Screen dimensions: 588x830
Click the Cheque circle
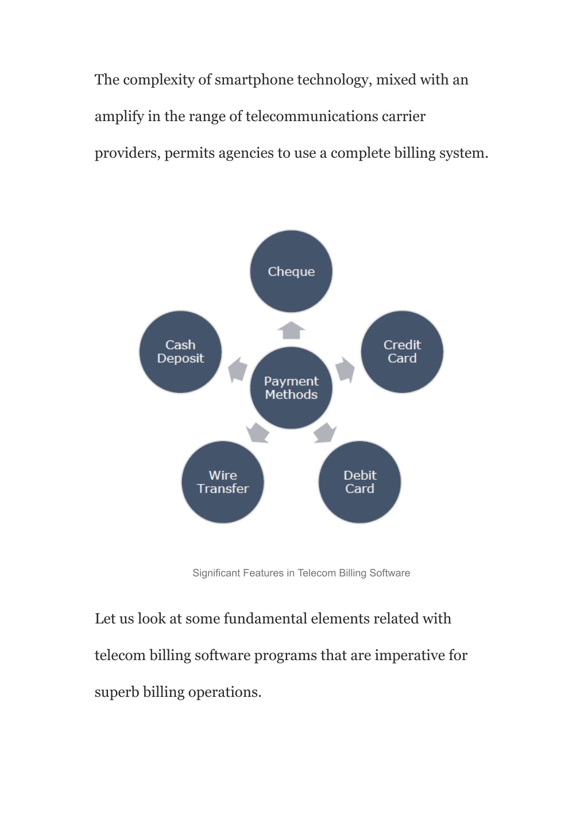(291, 272)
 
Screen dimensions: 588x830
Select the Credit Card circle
(402, 352)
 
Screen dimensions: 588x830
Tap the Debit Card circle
(359, 482)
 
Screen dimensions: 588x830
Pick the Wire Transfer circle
(223, 482)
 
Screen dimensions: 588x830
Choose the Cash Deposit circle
(180, 352)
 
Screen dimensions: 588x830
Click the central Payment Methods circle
(291, 387)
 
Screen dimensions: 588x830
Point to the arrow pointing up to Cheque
(291, 330)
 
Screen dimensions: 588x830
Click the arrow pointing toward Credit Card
(345, 370)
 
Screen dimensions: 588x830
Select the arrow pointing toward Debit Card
(325, 433)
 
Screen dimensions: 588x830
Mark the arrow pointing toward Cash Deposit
(237, 370)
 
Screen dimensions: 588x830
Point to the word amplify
(119, 117)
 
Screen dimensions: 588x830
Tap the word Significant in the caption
(216, 573)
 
